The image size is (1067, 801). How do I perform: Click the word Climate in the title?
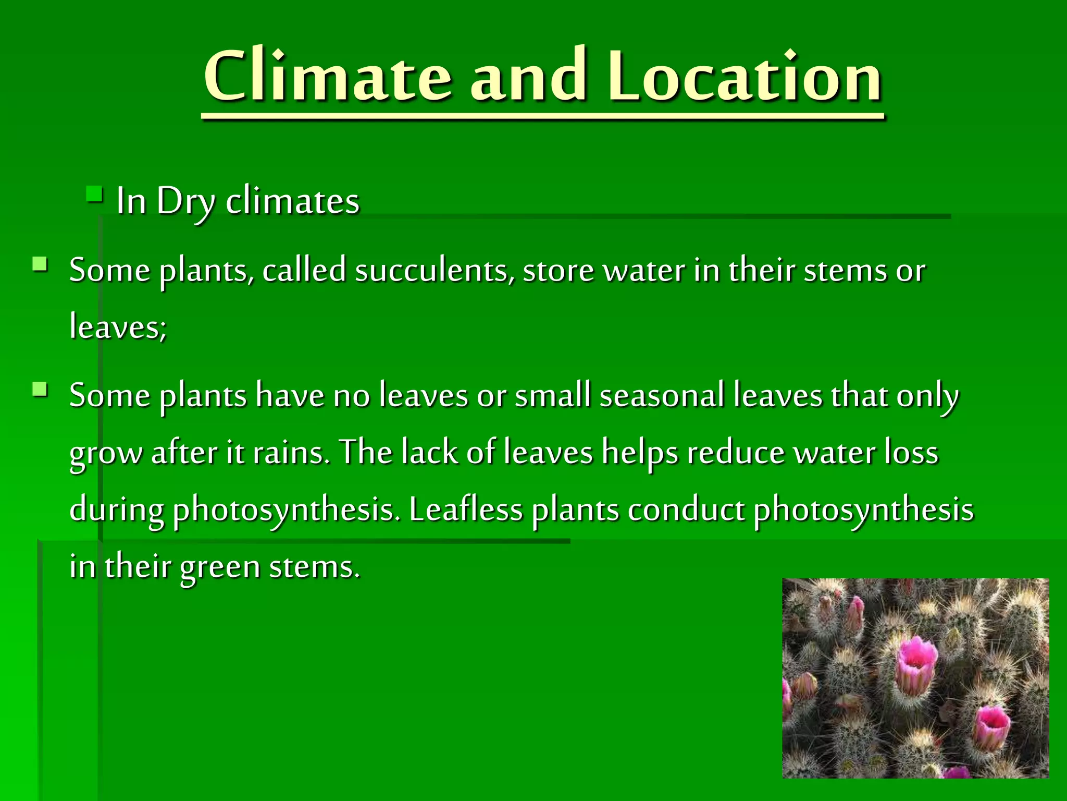pos(327,77)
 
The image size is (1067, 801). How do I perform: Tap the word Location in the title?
pos(745,77)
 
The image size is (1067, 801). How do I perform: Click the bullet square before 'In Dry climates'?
pos(94,195)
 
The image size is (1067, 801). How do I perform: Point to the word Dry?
pos(185,201)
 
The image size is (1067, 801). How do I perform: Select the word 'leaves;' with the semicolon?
pos(118,327)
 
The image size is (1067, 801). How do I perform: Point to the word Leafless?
pos(465,509)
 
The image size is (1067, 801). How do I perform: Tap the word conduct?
pos(686,509)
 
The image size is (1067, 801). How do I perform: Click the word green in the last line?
pos(219,567)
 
